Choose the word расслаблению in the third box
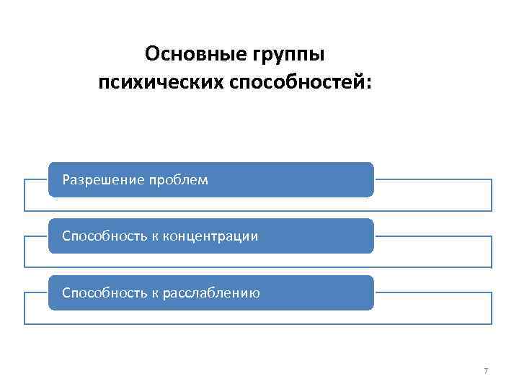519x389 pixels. tap(212, 293)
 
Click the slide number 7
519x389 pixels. tap(485, 371)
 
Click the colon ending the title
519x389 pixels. tap(370, 84)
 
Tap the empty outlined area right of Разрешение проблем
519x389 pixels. tap(432, 195)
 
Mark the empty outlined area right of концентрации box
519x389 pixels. tap(432, 252)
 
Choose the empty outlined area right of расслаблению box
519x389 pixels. tap(432, 309)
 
